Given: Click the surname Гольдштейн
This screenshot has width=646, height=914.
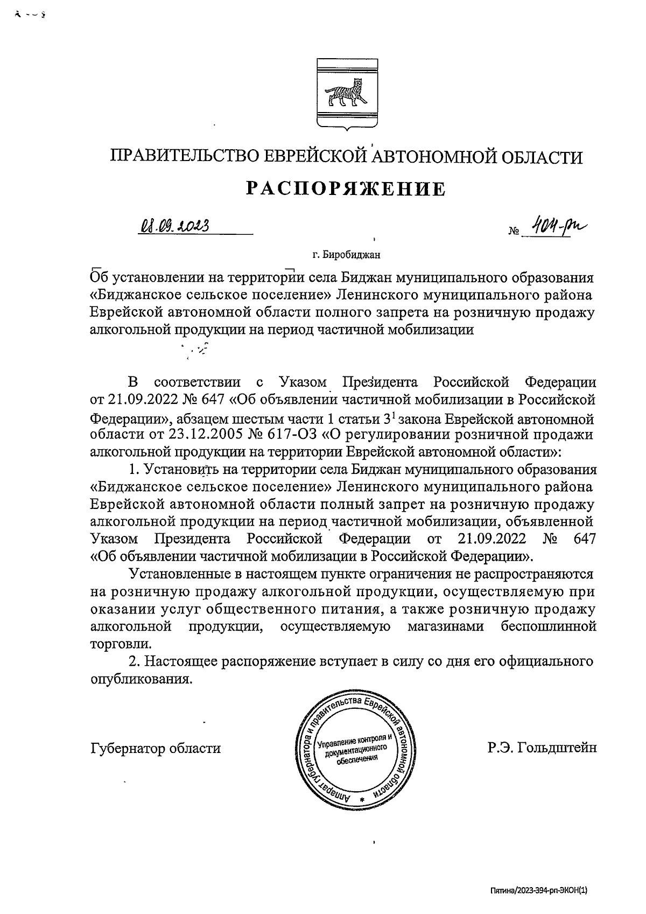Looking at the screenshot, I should click(x=557, y=748).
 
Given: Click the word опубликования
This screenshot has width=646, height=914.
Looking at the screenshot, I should click(x=141, y=679).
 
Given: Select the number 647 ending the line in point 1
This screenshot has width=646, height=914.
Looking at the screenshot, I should click(x=585, y=539).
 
